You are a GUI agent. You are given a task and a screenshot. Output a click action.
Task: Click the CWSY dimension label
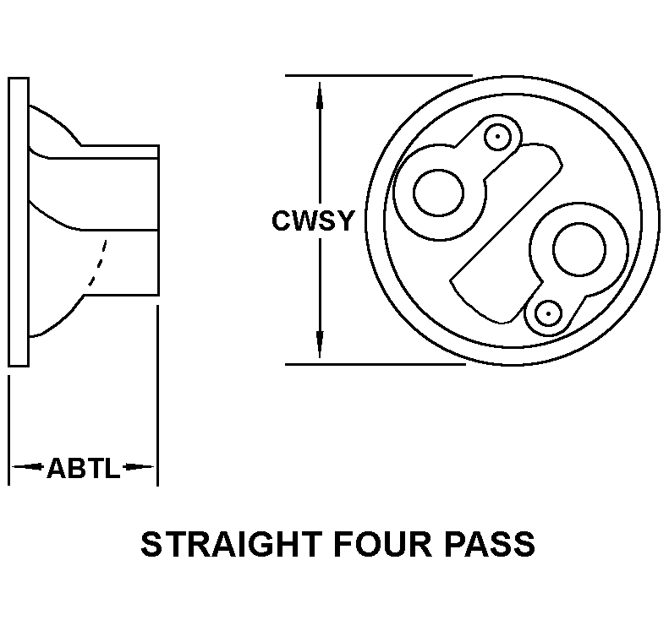[x=313, y=220]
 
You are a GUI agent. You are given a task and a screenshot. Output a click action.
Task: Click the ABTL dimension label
[x=83, y=468]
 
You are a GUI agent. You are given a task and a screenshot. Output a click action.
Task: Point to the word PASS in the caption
[x=490, y=544]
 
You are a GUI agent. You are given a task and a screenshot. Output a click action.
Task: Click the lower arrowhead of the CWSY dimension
[x=320, y=344]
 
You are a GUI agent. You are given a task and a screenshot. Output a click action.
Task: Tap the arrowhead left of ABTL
[x=27, y=467]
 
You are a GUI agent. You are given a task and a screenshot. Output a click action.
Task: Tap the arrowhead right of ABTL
[x=138, y=467]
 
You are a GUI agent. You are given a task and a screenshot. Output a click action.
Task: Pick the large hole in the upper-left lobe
[x=439, y=193]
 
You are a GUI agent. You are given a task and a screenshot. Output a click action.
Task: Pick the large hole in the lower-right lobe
[x=579, y=249]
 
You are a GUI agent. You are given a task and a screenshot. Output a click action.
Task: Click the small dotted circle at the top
[x=497, y=137]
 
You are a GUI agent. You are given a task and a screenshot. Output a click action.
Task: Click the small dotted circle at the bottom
[x=548, y=313]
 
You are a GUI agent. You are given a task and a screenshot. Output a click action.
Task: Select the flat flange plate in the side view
[x=19, y=221]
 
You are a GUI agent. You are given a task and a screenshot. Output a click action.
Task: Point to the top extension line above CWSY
[x=379, y=75]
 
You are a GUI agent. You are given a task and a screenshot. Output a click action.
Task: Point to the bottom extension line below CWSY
[x=376, y=364]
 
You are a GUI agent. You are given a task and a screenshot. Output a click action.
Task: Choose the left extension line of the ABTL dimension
[x=9, y=431]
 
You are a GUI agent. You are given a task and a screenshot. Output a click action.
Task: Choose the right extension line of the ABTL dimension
[x=158, y=395]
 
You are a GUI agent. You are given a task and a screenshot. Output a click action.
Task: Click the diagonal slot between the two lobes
[x=507, y=233]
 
